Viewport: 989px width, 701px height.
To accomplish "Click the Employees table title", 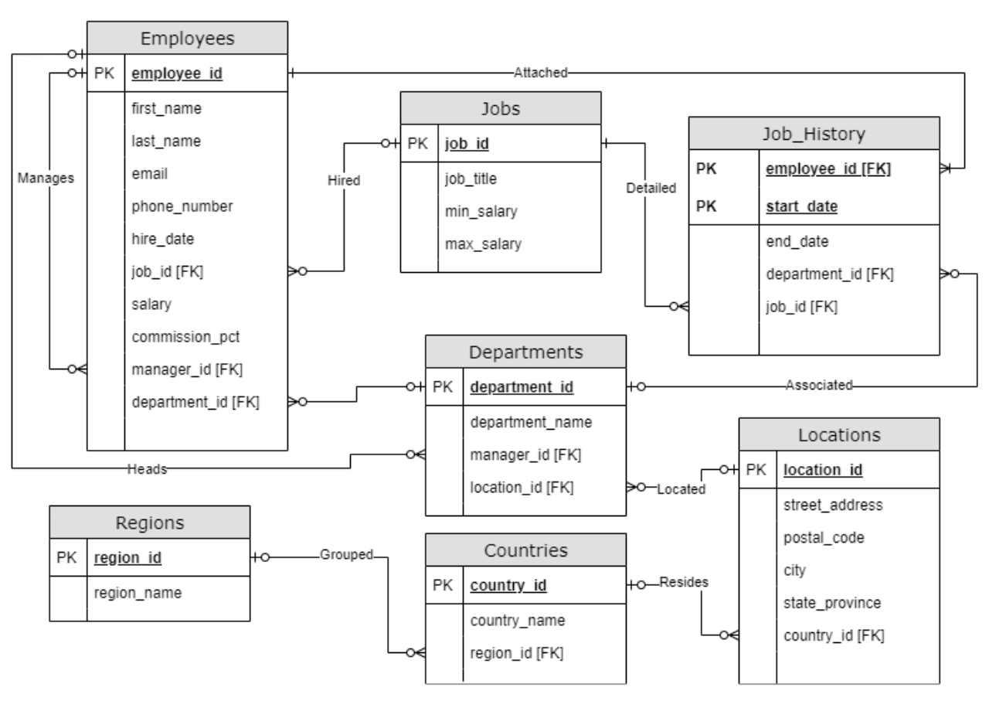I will click(187, 37).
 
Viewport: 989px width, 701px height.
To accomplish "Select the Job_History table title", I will click(814, 134).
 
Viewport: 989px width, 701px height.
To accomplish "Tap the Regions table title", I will click(150, 522).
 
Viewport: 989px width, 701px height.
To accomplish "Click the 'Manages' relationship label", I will click(45, 177).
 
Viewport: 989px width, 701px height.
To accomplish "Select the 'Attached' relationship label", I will click(540, 73).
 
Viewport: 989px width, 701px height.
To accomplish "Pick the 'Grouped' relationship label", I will click(346, 554).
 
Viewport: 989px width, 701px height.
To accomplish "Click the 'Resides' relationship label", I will click(683, 583).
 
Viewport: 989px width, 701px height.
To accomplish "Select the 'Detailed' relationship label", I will click(651, 187).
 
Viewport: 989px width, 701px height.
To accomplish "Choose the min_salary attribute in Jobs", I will click(481, 211).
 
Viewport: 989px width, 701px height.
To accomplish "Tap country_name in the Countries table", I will click(517, 620).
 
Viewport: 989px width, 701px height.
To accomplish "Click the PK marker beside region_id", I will click(67, 558).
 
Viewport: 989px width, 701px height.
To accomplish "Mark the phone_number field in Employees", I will click(182, 206).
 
